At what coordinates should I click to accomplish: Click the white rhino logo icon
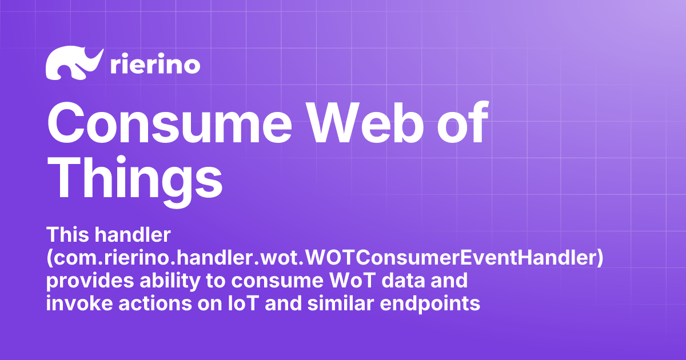73,63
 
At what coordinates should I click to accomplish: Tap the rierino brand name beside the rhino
154,65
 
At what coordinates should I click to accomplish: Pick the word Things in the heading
134,174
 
